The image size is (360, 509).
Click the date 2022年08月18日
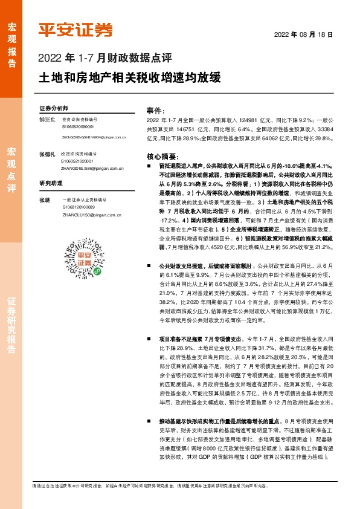[304, 34]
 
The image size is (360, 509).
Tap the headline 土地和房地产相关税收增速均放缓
[130, 78]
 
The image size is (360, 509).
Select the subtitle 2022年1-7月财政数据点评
[106, 59]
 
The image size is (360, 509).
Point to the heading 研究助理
[51, 183]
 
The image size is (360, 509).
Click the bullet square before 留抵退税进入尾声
[149, 165]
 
